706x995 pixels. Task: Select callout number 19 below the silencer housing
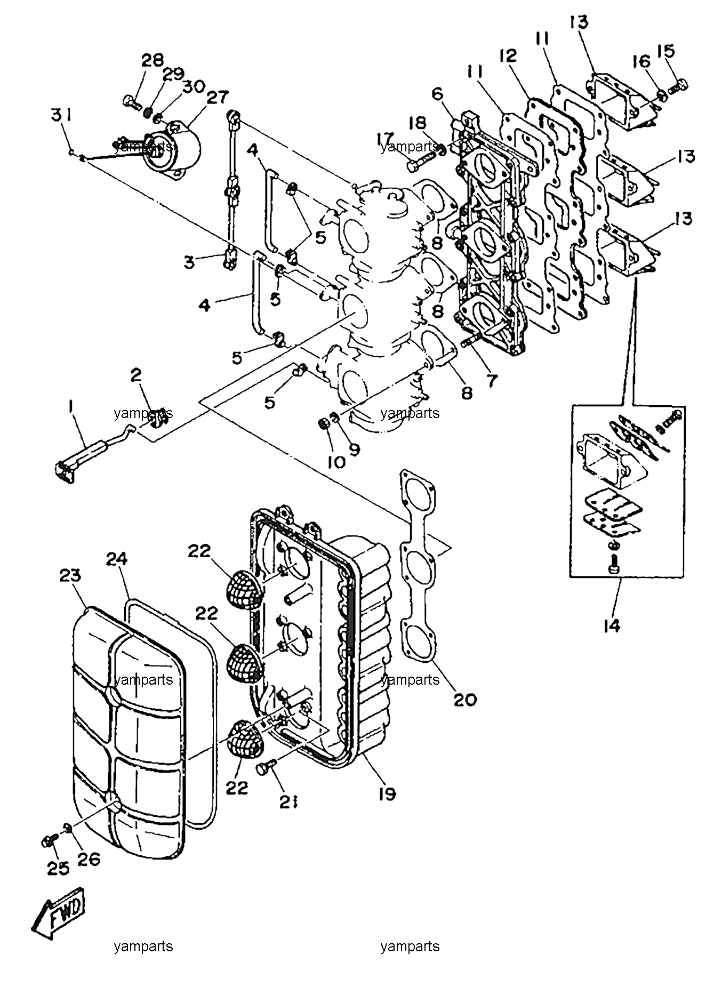click(x=387, y=793)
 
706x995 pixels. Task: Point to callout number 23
click(x=70, y=575)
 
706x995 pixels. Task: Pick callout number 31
click(x=62, y=115)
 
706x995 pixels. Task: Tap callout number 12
click(x=509, y=56)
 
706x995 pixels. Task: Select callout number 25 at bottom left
click(x=58, y=868)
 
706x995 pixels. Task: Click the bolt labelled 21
click(x=265, y=768)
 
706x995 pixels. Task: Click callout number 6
click(x=437, y=94)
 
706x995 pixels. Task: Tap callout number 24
click(x=117, y=559)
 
